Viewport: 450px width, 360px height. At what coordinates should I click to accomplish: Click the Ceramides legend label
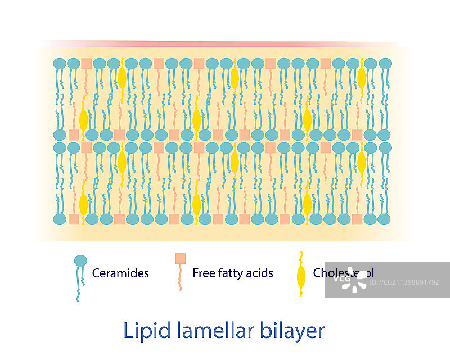tap(120, 273)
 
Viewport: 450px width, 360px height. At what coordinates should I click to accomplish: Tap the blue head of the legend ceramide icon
tap(80, 260)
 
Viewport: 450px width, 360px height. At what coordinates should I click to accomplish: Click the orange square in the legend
tap(181, 258)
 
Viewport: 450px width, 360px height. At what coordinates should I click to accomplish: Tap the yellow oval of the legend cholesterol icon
tap(301, 276)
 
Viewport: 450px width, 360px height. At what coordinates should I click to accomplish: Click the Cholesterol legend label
tap(343, 273)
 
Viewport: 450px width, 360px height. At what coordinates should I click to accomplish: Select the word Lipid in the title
tap(143, 330)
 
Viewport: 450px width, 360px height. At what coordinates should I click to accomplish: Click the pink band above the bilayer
tap(225, 44)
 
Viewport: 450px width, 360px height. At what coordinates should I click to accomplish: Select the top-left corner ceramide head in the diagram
tap(59, 64)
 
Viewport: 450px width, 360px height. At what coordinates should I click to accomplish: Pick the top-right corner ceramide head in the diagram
tap(385, 64)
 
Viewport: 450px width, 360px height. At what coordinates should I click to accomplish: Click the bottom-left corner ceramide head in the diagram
tap(59, 219)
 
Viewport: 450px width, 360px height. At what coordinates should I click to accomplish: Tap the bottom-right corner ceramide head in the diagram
tap(385, 219)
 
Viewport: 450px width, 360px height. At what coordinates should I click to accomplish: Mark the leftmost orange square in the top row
tap(86, 64)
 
